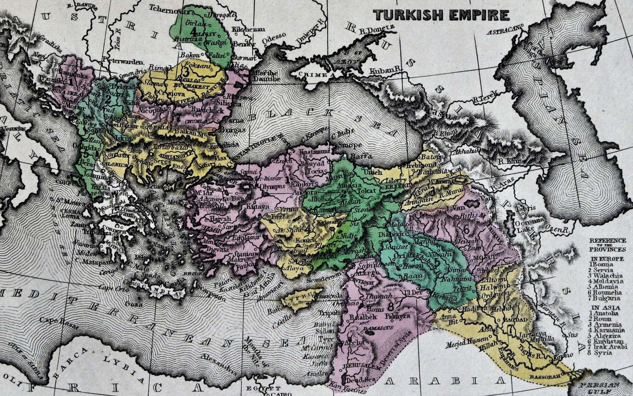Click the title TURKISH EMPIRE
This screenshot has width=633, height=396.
click(441, 15)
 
